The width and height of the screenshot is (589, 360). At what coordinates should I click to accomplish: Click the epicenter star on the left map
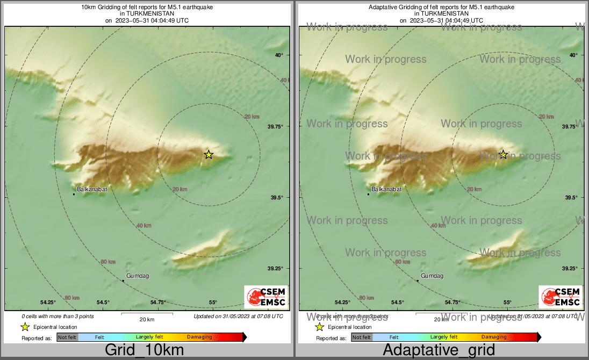pyautogui.click(x=209, y=155)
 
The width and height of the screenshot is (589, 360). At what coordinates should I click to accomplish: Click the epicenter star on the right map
pyautogui.click(x=503, y=155)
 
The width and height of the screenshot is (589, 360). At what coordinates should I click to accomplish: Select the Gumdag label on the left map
pyautogui.click(x=138, y=276)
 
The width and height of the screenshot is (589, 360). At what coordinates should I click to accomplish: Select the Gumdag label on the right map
pyautogui.click(x=432, y=276)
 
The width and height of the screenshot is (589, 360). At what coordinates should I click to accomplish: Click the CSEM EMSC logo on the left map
pyautogui.click(x=266, y=297)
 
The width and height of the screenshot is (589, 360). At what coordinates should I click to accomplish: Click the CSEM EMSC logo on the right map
pyautogui.click(x=561, y=297)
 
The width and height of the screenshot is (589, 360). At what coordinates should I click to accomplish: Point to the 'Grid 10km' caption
pyautogui.click(x=144, y=350)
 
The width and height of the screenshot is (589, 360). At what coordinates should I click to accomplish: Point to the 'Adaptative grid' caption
pyautogui.click(x=439, y=350)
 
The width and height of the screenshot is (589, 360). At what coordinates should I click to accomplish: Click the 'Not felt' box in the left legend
pyautogui.click(x=67, y=337)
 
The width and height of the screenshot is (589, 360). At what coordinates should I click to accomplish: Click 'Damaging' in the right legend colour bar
pyautogui.click(x=494, y=337)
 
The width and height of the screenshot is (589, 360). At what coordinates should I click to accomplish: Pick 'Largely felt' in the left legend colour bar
pyautogui.click(x=150, y=337)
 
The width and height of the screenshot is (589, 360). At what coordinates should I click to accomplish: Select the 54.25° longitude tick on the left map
pyautogui.click(x=48, y=303)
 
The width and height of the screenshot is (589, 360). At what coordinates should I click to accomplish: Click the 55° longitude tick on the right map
pyautogui.click(x=507, y=303)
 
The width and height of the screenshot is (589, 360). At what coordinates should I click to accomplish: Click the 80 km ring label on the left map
pyautogui.click(x=72, y=298)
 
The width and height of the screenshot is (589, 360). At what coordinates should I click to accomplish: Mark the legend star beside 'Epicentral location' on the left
pyautogui.click(x=25, y=327)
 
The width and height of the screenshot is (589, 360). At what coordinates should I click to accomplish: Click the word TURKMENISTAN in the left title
pyautogui.click(x=146, y=14)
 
